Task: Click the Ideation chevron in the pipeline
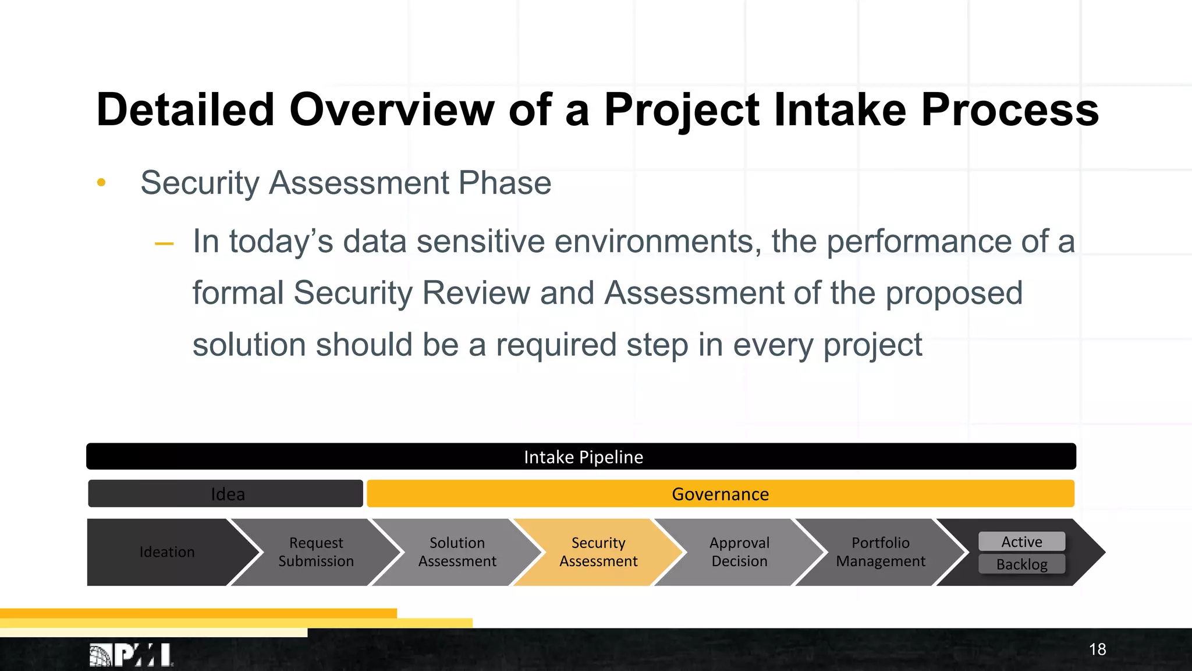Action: point(167,552)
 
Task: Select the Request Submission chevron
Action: point(316,552)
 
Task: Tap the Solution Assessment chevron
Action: point(457,552)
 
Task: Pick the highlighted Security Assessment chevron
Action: point(598,552)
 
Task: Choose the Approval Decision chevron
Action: point(739,552)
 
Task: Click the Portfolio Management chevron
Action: point(880,552)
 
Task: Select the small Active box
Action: point(1021,542)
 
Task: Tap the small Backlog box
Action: point(1021,564)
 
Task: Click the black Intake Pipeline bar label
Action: point(583,457)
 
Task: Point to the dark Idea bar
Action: point(227,494)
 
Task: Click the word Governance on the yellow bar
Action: point(720,494)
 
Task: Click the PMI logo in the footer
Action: point(132,655)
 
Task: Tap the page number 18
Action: point(1097,649)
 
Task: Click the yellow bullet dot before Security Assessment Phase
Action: point(101,183)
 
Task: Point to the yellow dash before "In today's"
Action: point(164,243)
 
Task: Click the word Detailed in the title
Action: point(185,110)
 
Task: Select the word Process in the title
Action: point(1009,110)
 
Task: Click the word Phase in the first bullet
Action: point(504,183)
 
